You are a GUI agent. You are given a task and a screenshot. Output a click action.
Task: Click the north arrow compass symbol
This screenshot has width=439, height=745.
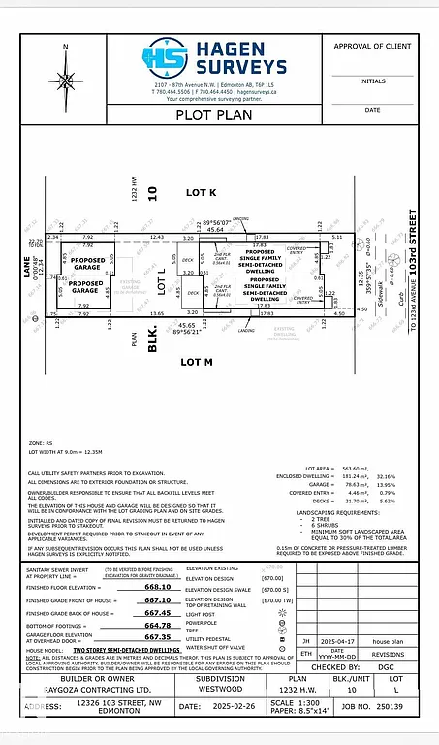point(65,64)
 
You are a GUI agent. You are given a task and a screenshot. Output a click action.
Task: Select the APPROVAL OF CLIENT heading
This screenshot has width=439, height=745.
point(372,46)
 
